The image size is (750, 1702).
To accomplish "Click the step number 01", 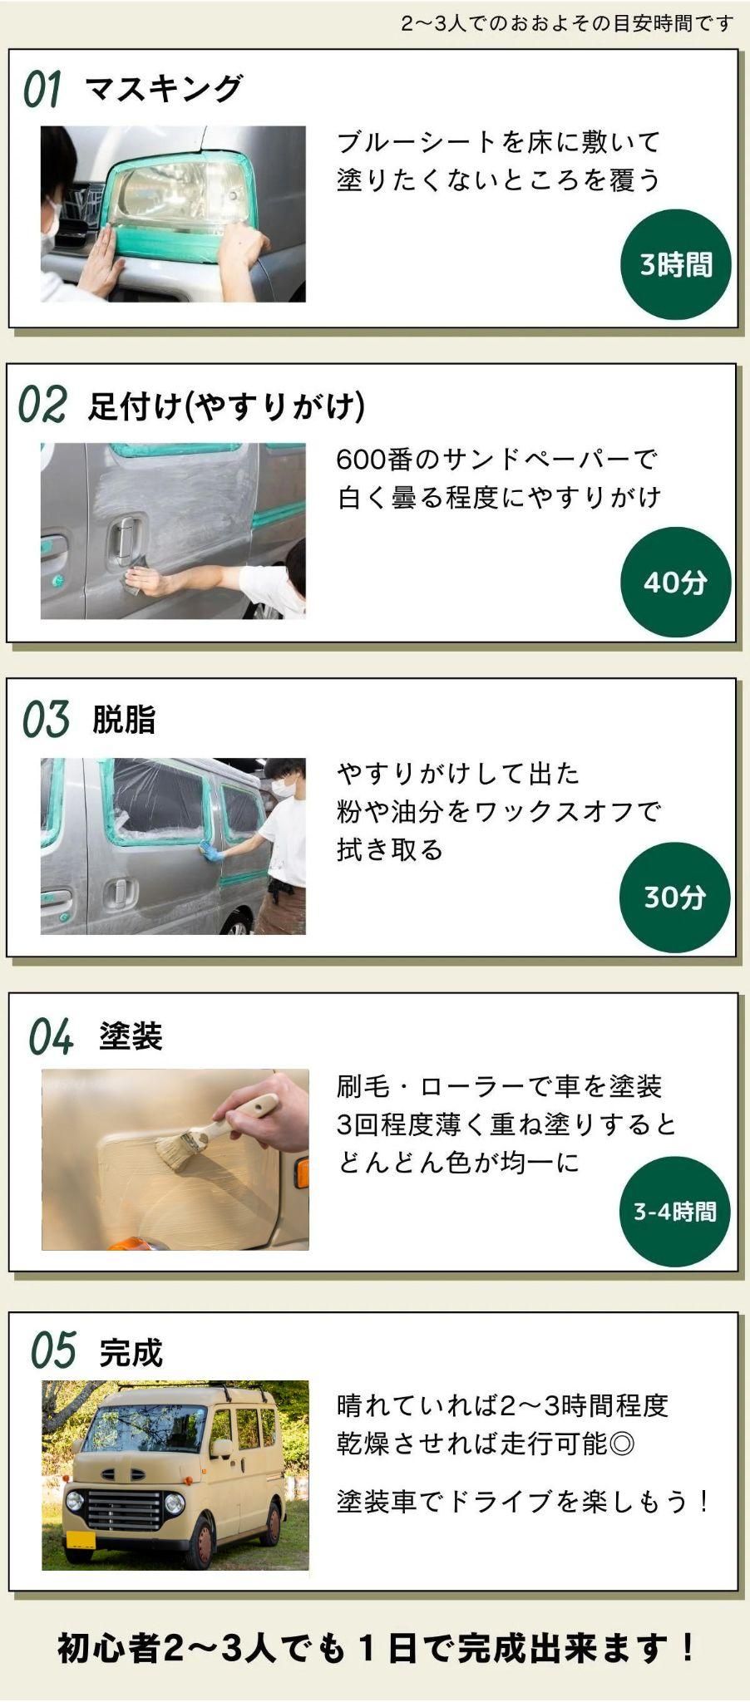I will coord(42,89).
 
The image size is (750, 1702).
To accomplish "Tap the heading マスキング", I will coord(164,88).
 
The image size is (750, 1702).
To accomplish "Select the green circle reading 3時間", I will coord(675,265).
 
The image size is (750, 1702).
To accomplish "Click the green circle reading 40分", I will coord(674,582).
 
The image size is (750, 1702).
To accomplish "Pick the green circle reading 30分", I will coord(674,897).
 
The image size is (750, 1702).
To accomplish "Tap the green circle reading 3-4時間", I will coord(674,1211).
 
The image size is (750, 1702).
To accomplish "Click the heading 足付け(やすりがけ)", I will coord(227,406).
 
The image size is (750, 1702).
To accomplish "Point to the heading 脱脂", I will coord(124,720).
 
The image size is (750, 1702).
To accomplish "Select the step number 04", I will coord(51,1037).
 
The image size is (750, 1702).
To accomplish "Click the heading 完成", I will coord(131,1353).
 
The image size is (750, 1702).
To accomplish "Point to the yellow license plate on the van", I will coord(81,1538).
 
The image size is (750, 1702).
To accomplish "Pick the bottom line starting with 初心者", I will coord(375,1647).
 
